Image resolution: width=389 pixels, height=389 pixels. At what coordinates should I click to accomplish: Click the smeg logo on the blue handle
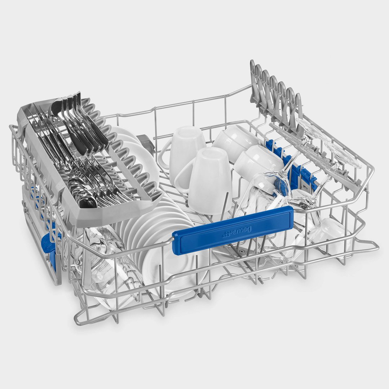(x=237, y=231)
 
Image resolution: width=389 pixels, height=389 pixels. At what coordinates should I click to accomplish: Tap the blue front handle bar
(x=233, y=230)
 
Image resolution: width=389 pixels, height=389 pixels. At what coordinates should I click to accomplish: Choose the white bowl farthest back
(x=236, y=140)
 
